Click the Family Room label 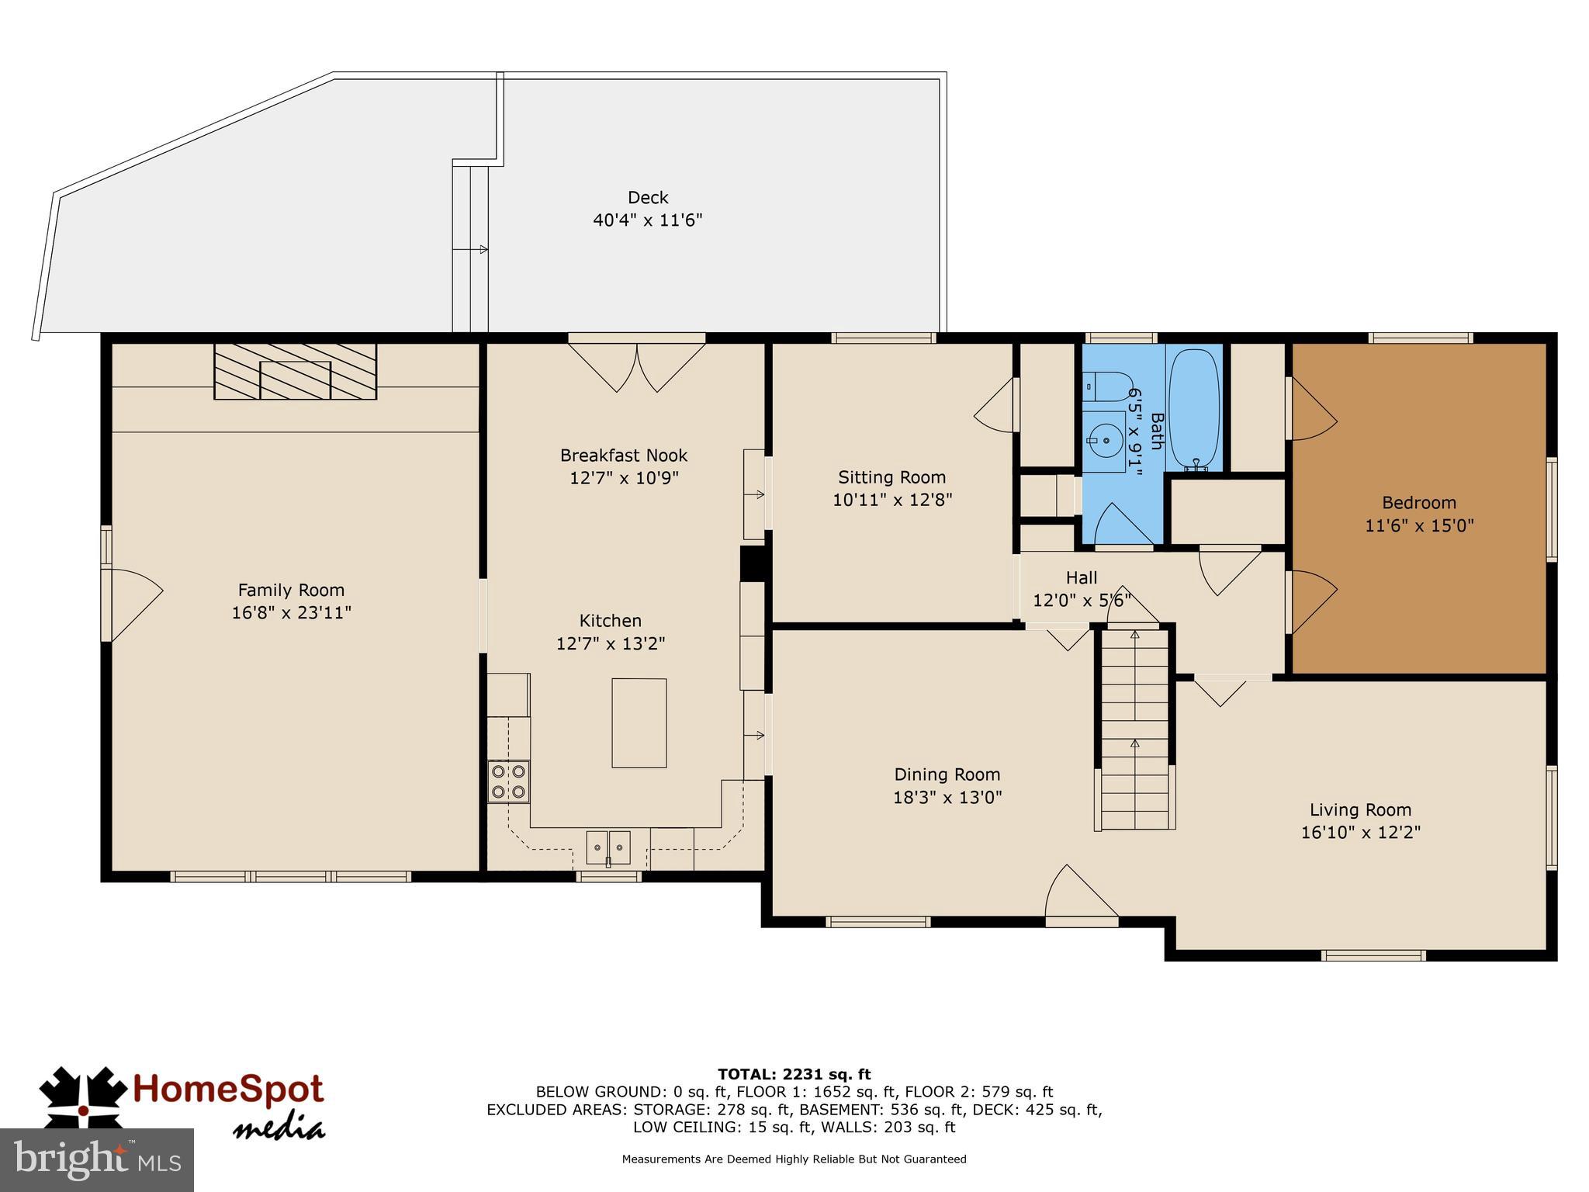click(291, 590)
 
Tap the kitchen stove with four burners click(508, 781)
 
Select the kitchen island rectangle click(639, 722)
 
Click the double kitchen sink click(608, 847)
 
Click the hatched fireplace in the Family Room click(295, 372)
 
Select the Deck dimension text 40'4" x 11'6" click(647, 220)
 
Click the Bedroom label click(1419, 502)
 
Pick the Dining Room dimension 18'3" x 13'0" click(947, 797)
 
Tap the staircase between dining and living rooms click(1135, 729)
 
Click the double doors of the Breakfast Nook click(637, 366)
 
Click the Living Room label click(1360, 810)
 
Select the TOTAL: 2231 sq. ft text click(794, 1075)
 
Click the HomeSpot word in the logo click(228, 1090)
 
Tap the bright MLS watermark click(97, 1159)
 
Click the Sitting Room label click(891, 477)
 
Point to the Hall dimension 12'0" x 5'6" click(1082, 600)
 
